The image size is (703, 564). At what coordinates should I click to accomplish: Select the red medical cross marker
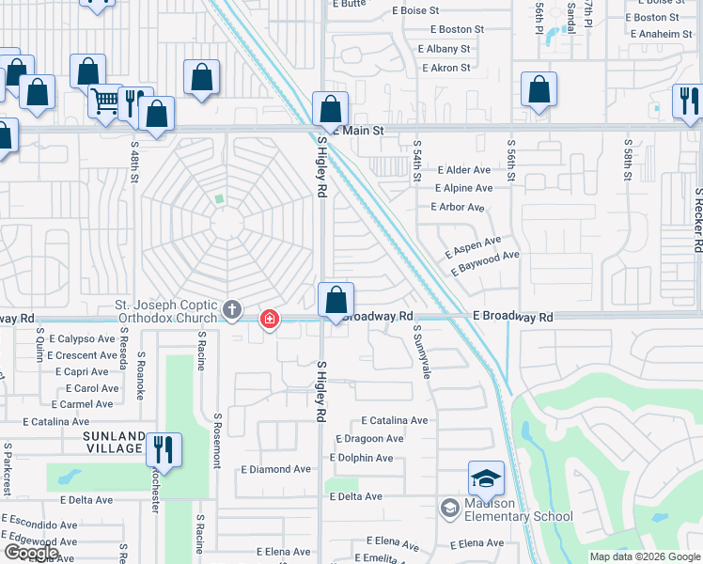pyautogui.click(x=270, y=320)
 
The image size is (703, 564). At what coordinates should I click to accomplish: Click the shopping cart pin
pyautogui.click(x=106, y=100)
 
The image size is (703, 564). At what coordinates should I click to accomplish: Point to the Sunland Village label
pyautogui.click(x=114, y=443)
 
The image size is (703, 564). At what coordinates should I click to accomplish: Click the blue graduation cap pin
pyautogui.click(x=486, y=478)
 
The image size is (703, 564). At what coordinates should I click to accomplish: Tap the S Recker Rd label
pyautogui.click(x=697, y=220)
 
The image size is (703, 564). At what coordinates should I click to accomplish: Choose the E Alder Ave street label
pyautogui.click(x=463, y=170)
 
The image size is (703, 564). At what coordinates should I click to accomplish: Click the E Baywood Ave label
pyautogui.click(x=484, y=262)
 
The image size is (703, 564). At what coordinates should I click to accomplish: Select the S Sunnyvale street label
pyautogui.click(x=424, y=352)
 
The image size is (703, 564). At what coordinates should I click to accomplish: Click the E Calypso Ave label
pyautogui.click(x=81, y=338)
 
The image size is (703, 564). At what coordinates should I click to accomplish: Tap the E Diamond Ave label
pyautogui.click(x=275, y=469)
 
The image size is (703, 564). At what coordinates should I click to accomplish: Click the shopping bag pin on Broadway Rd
pyautogui.click(x=336, y=301)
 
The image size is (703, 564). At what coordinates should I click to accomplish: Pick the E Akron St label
pyautogui.click(x=445, y=68)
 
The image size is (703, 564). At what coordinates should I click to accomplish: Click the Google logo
pyautogui.click(x=30, y=553)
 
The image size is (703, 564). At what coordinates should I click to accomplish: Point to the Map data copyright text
pyautogui.click(x=644, y=556)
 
